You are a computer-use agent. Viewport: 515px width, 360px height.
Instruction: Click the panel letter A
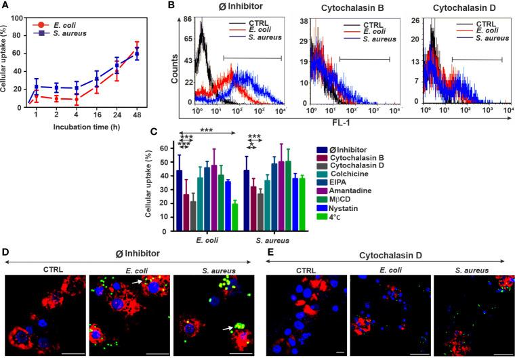[5, 5]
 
